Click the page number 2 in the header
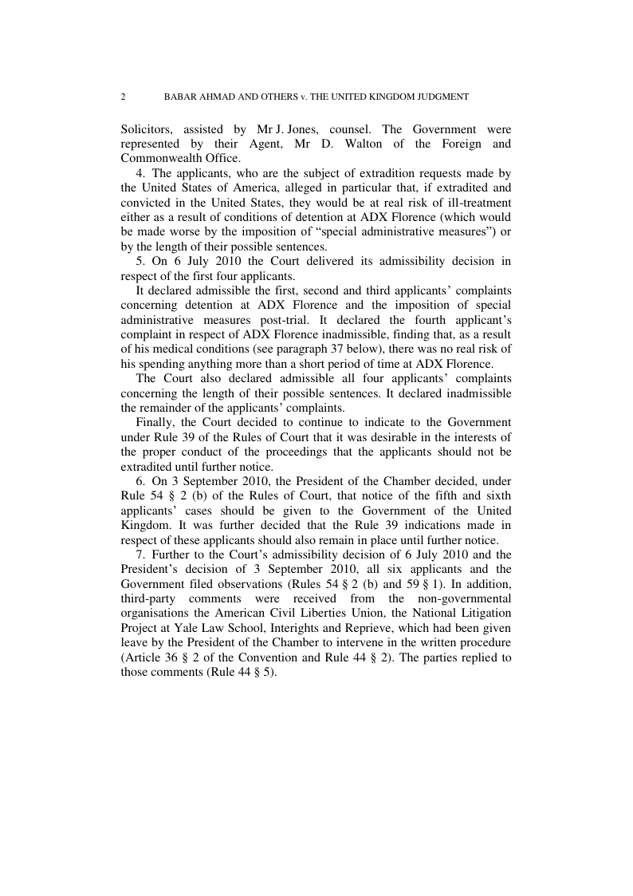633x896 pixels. click(x=123, y=97)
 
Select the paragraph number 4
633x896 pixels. click(x=139, y=174)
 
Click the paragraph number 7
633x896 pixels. click(x=139, y=552)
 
